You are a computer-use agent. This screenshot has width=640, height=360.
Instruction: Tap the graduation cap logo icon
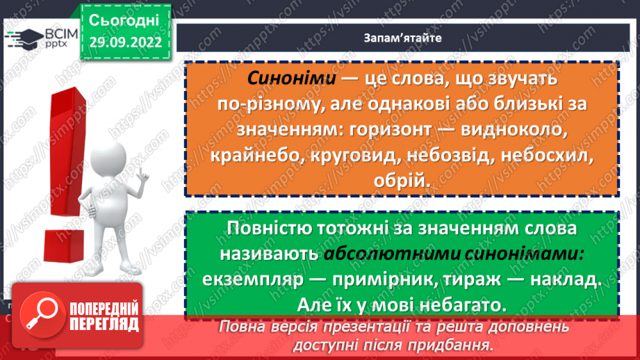click(x=22, y=39)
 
